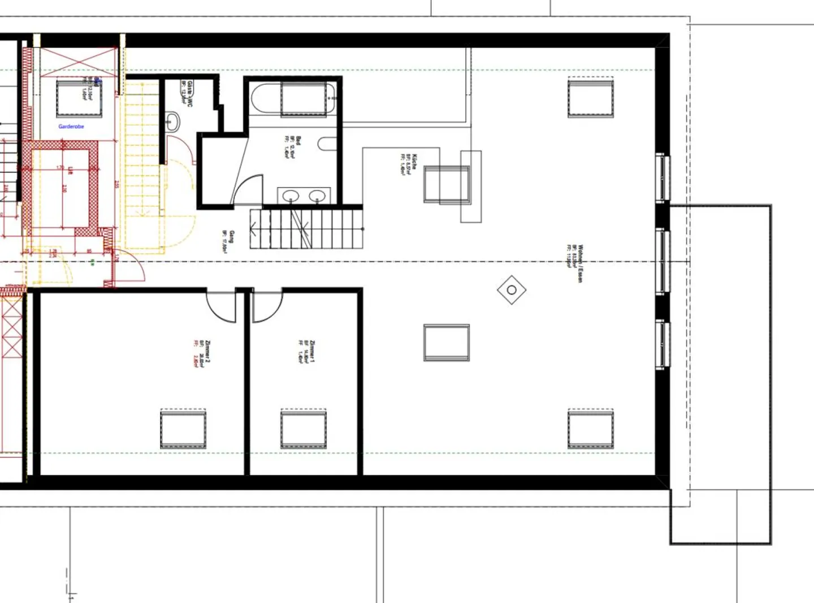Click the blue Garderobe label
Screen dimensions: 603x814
tap(71, 127)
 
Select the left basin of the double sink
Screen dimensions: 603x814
tap(291, 196)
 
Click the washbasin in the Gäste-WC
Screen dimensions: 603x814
tap(173, 121)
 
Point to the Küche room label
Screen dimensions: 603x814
tap(409, 163)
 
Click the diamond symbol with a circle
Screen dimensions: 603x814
tap(512, 290)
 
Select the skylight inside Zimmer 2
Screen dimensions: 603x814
tap(183, 430)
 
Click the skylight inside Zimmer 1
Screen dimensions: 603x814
tap(304, 430)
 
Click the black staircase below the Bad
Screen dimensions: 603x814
tap(306, 228)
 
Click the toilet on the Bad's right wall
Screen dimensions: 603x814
tap(327, 144)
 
